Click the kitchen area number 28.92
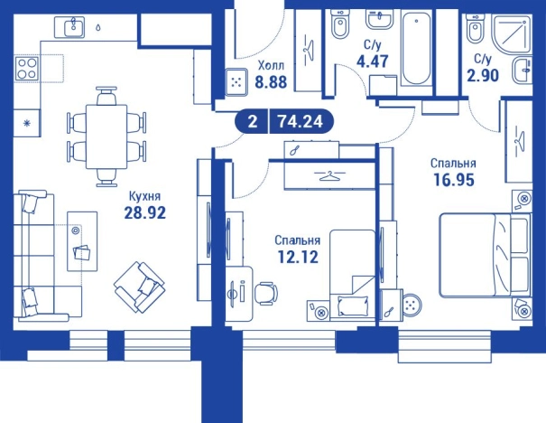tap(145, 212)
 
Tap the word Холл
tap(271, 65)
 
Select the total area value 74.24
tap(301, 122)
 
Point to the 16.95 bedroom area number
tap(454, 180)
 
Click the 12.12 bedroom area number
tap(298, 257)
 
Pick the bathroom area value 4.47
tap(372, 61)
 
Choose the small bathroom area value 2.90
tap(483, 75)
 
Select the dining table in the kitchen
tap(106, 136)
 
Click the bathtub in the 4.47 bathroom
tap(417, 49)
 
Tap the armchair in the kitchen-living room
tap(139, 287)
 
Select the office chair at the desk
tap(265, 293)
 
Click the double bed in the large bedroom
tap(485, 256)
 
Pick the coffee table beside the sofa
tap(82, 241)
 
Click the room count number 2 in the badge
tap(253, 122)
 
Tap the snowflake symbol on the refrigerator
tap(26, 123)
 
